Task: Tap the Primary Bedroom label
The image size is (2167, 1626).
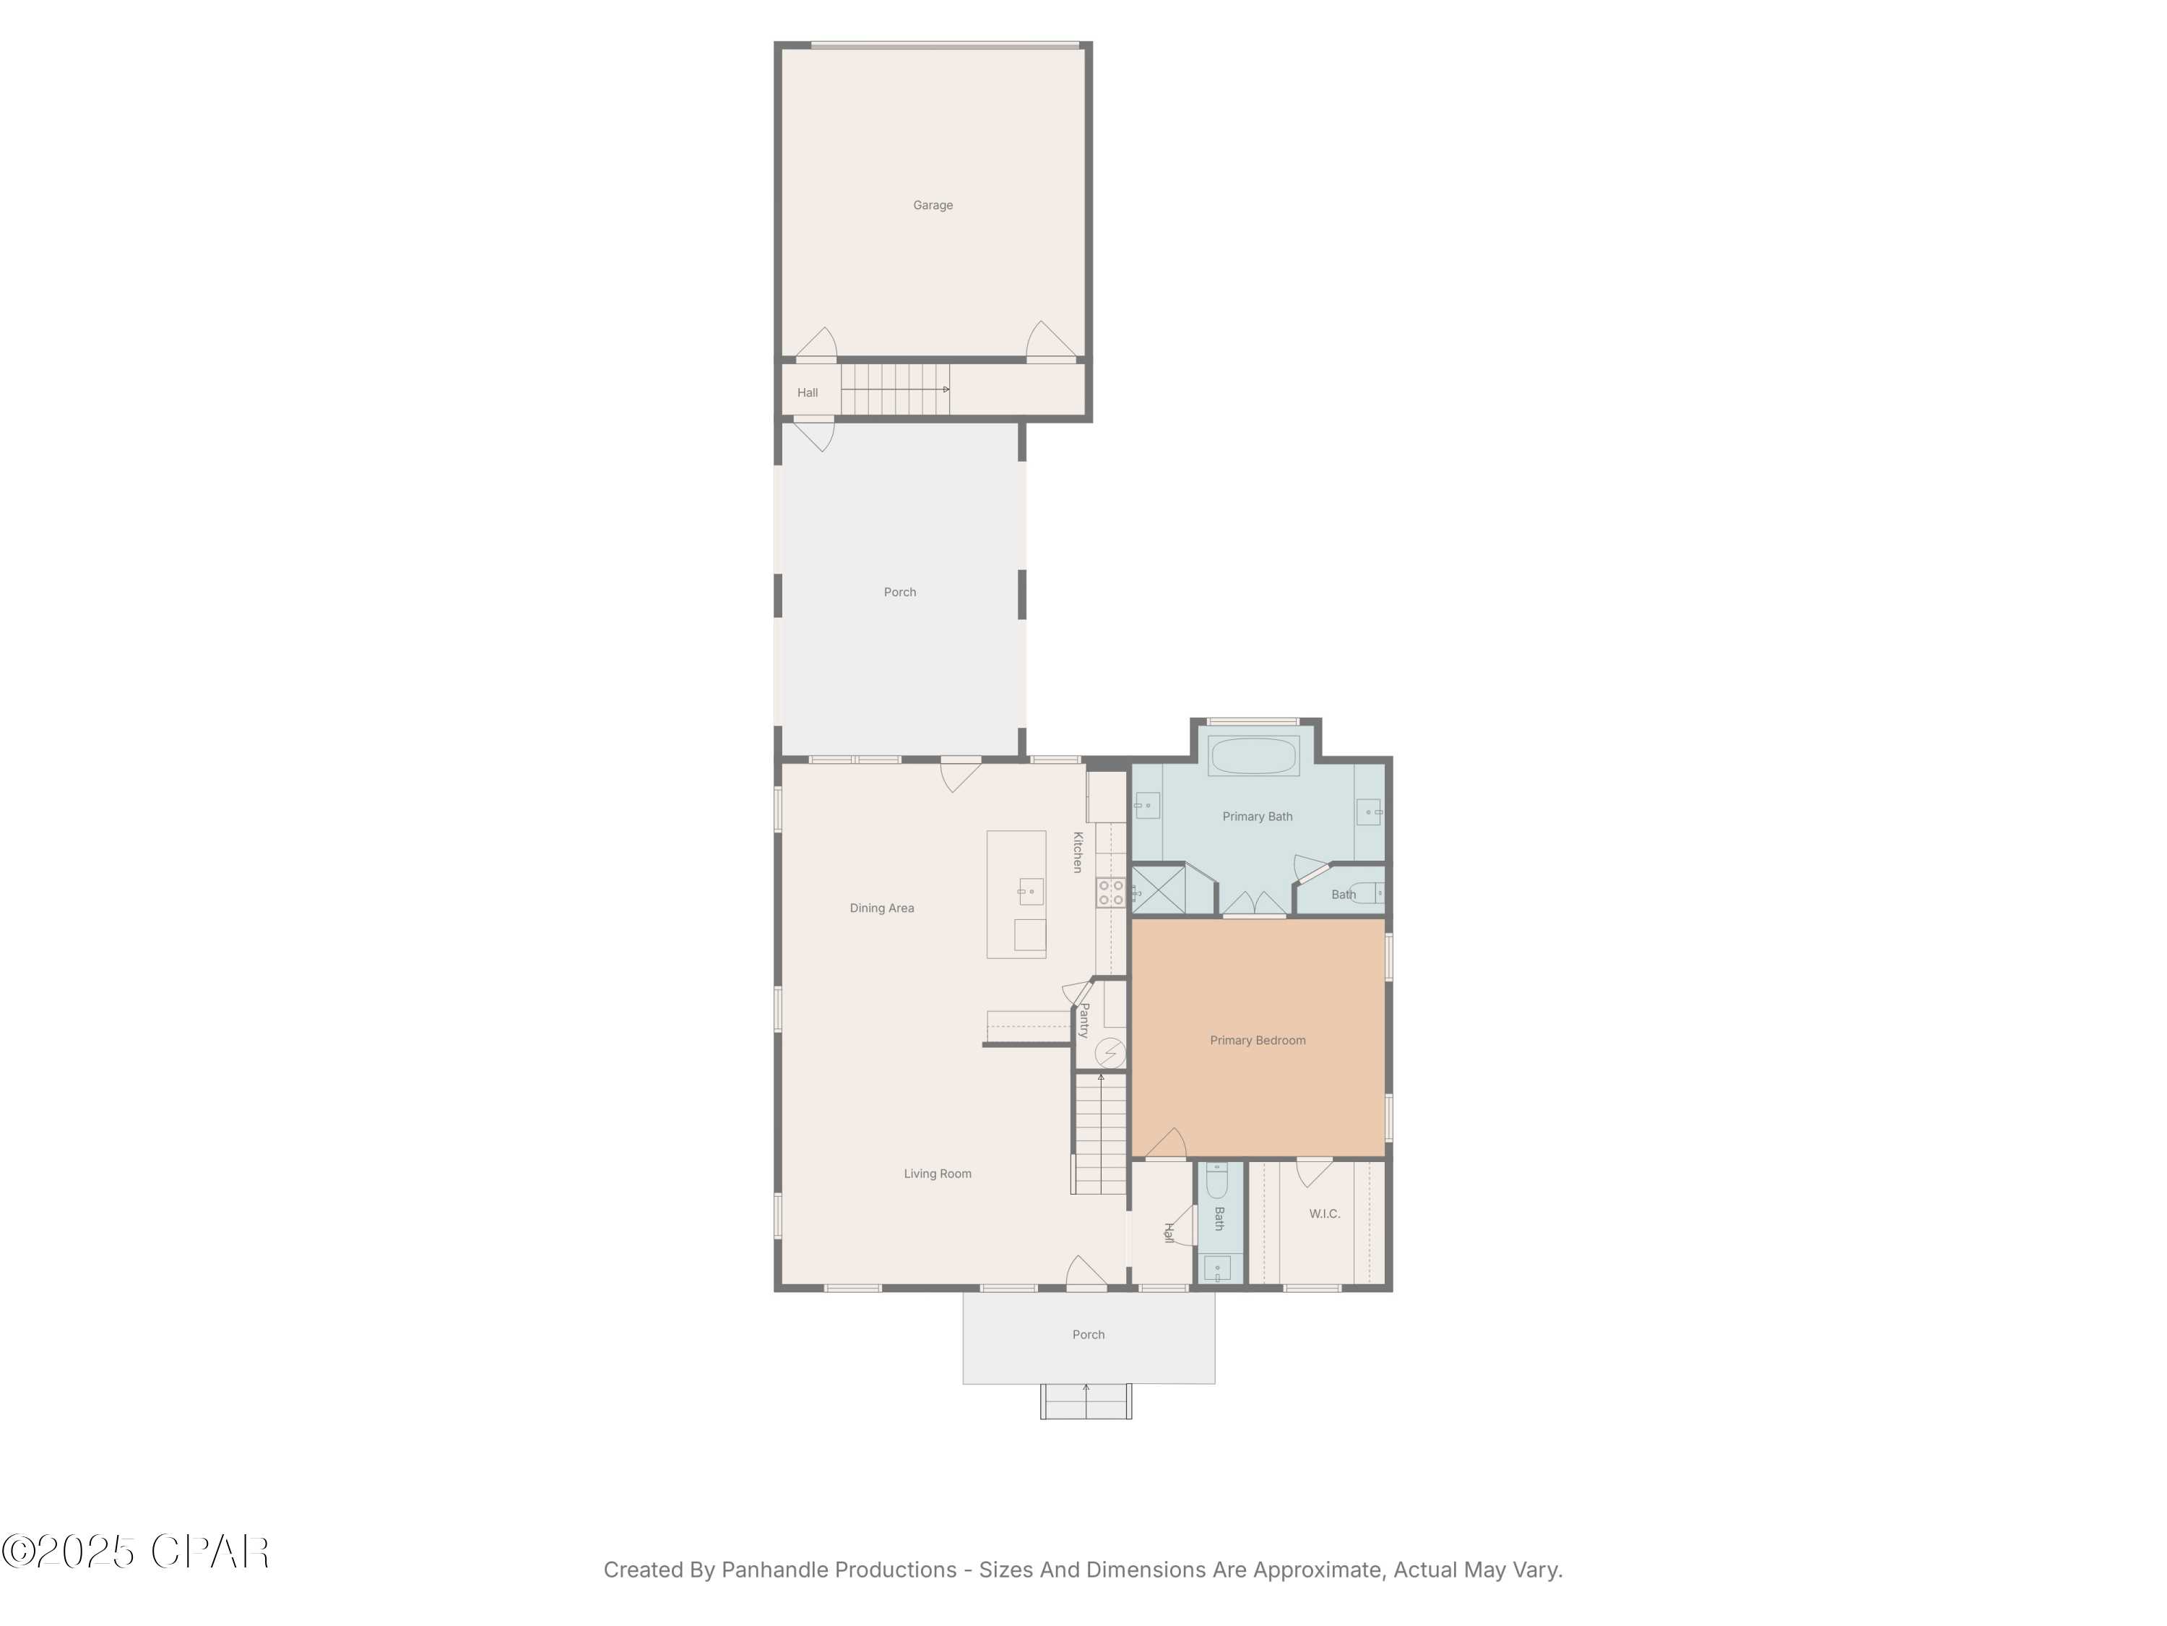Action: (x=1257, y=1041)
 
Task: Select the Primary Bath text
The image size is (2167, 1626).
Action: (x=1257, y=817)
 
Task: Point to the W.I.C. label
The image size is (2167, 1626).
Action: (x=1325, y=1214)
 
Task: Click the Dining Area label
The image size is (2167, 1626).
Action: (x=882, y=908)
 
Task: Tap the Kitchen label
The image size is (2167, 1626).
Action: (x=1078, y=853)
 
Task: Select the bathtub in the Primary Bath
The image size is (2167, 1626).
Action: (x=1253, y=756)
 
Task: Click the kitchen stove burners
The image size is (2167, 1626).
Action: (x=1110, y=892)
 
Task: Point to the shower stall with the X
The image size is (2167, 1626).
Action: (x=1159, y=890)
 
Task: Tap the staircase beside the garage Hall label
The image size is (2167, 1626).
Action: (x=894, y=389)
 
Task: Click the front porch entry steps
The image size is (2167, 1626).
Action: (x=1086, y=1401)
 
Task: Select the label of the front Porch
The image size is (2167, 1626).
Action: (x=1089, y=1335)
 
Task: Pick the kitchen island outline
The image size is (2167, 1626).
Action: (x=1016, y=894)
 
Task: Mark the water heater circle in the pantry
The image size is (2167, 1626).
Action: (x=1110, y=1054)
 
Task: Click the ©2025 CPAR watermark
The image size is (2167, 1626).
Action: (x=135, y=1552)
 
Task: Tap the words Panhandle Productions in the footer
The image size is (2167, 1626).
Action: (x=839, y=1570)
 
